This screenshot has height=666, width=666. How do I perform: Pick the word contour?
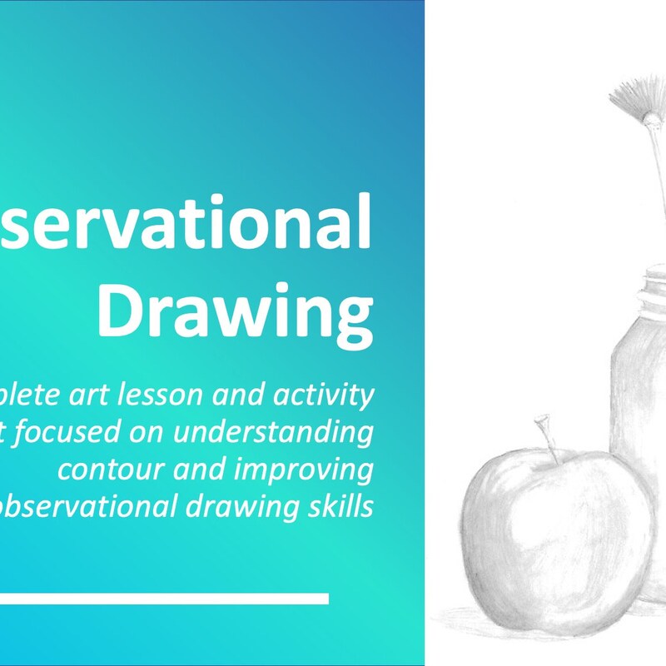pyautogui.click(x=103, y=470)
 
